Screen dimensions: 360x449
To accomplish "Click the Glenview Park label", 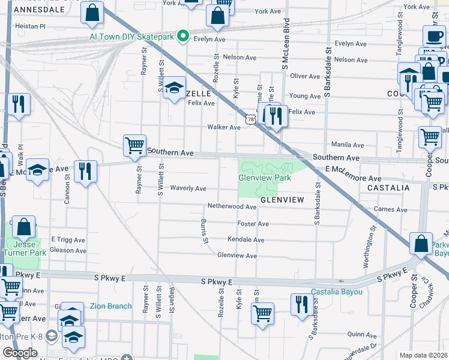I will tap(264, 178).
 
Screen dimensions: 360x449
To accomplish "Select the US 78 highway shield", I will tap(249, 120).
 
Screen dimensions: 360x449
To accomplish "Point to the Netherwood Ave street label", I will tap(232, 206).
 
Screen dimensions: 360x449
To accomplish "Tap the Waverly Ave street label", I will tap(188, 188).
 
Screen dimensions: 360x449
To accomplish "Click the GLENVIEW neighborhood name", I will tap(284, 199).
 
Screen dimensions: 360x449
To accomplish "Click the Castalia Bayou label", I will tap(337, 292).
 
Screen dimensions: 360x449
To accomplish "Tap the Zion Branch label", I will tap(110, 306).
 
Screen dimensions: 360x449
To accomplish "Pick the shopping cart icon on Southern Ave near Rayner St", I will tap(135, 145).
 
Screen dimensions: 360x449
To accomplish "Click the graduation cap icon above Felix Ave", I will tap(174, 88).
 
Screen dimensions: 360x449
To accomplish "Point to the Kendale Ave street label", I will tap(246, 240).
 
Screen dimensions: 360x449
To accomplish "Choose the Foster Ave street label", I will tap(253, 223).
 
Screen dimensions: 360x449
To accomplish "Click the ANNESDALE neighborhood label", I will tap(38, 10).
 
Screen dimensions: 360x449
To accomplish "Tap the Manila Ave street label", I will tap(348, 145).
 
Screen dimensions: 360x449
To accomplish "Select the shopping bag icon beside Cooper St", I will tap(421, 244).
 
